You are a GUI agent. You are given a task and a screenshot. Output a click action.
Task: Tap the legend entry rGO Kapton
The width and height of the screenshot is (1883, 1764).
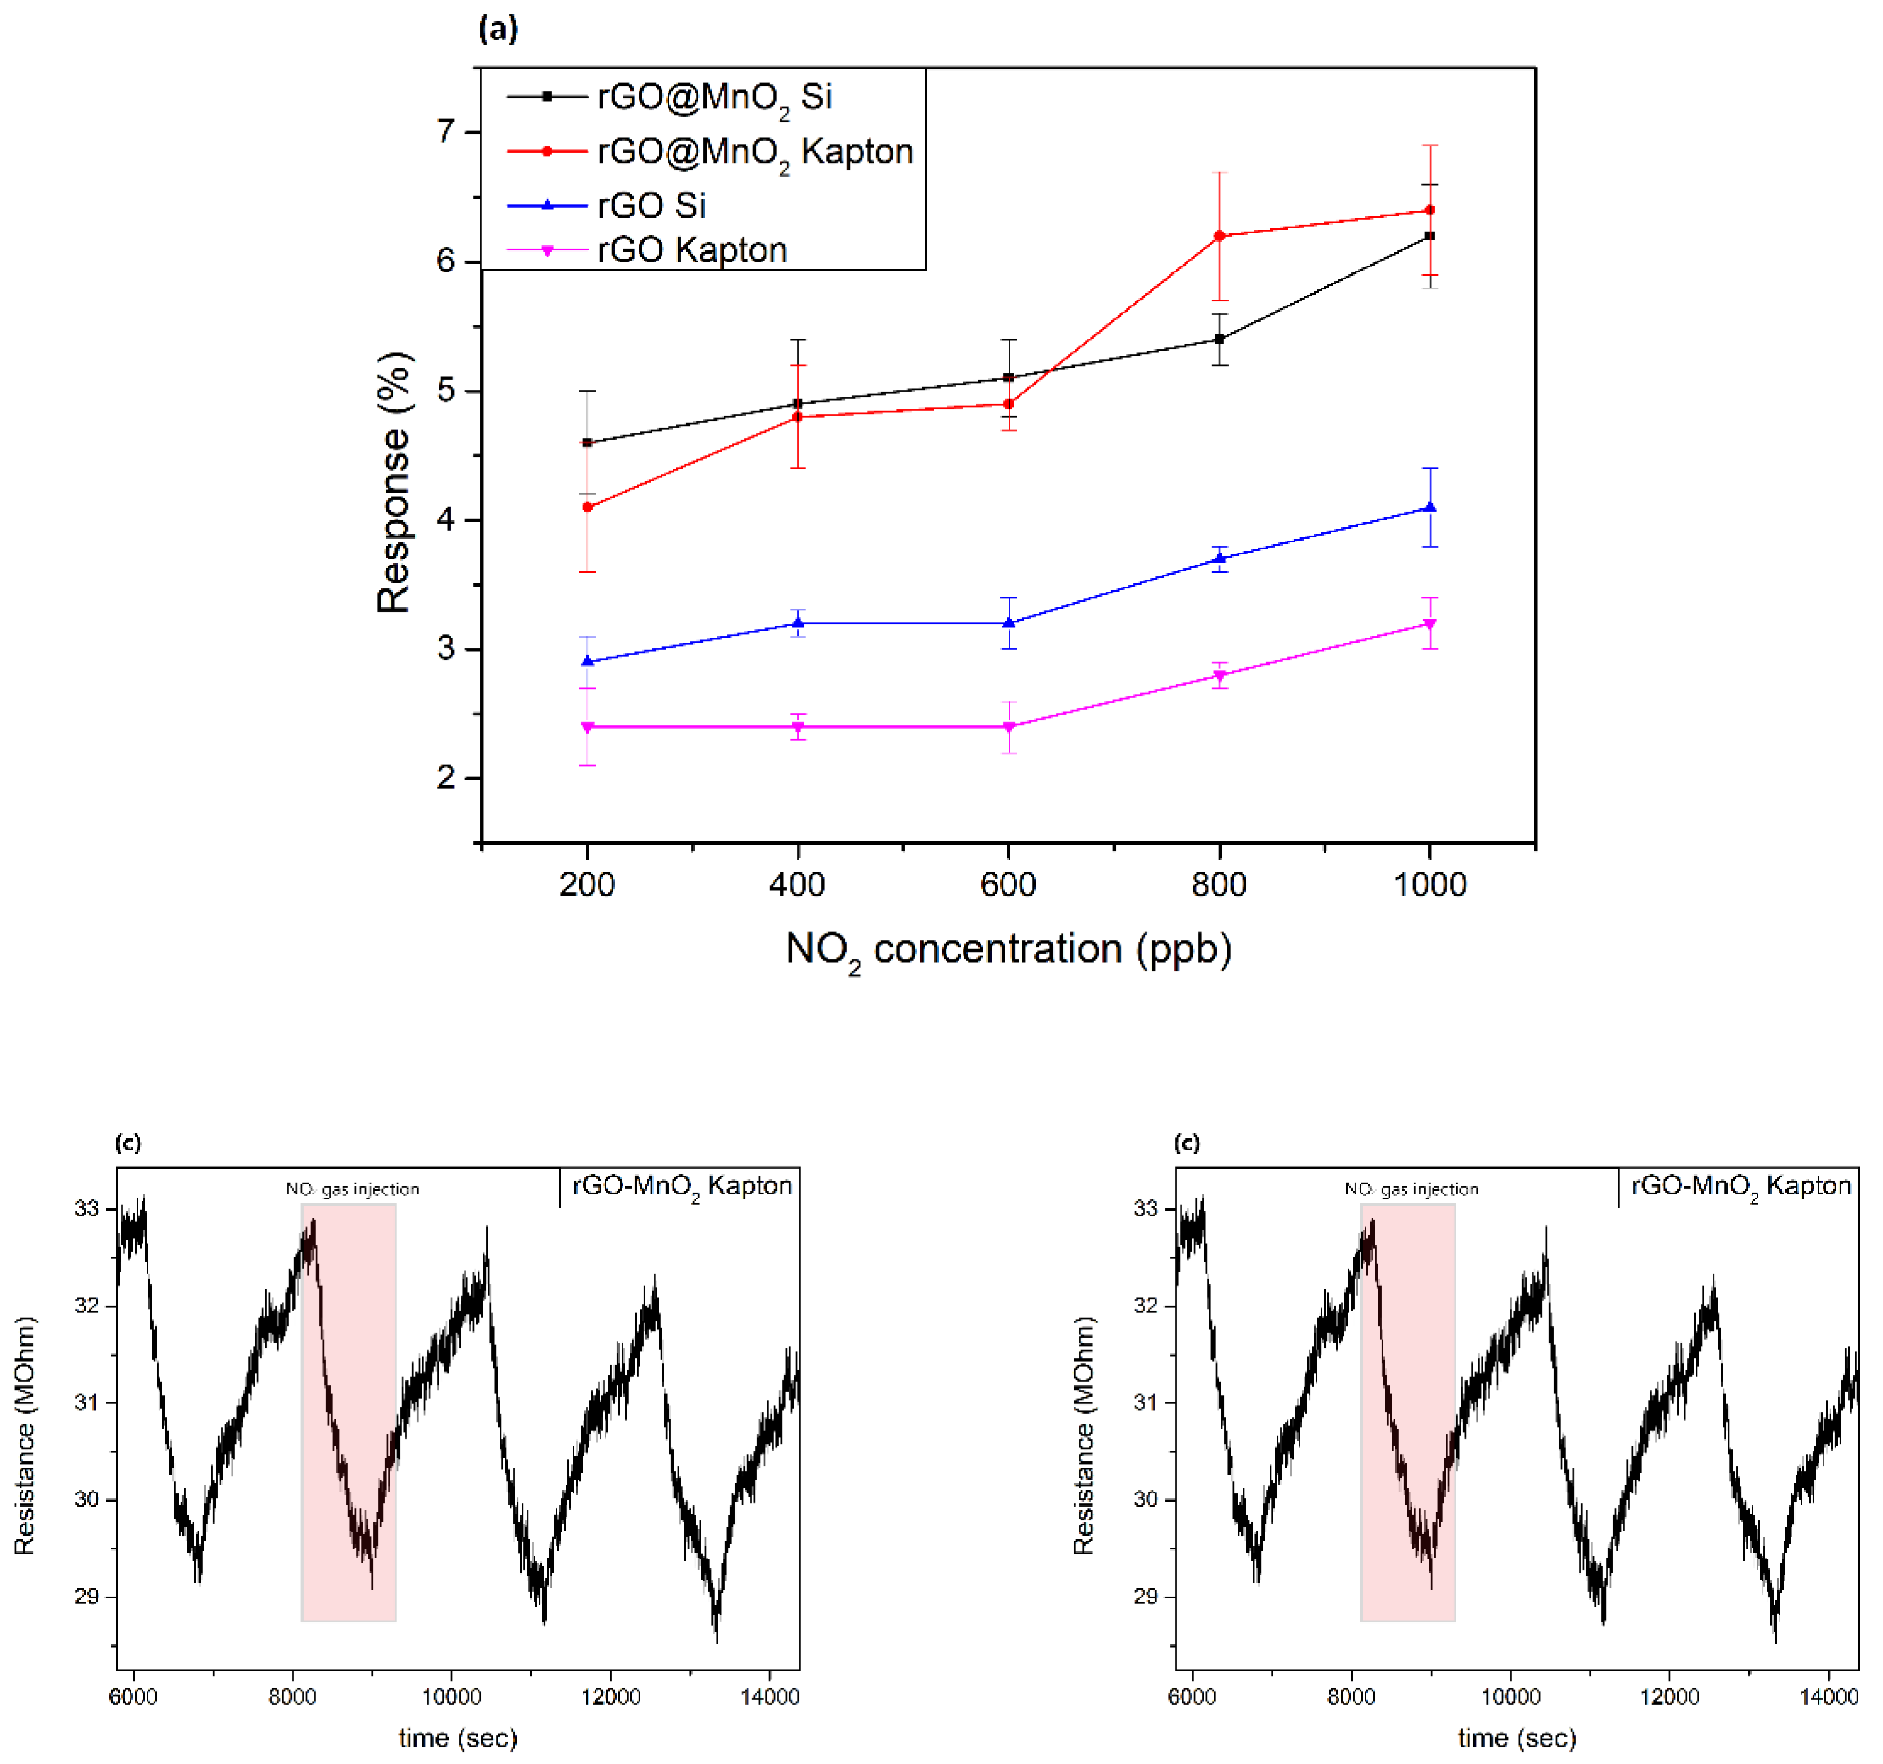tap(691, 250)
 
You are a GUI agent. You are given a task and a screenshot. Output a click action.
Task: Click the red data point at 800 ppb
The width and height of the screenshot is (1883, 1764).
tap(1219, 235)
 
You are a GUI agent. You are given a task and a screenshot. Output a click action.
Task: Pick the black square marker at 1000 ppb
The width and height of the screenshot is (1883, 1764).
tap(1429, 235)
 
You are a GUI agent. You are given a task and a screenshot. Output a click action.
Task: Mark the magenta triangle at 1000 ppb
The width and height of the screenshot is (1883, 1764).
tap(1429, 624)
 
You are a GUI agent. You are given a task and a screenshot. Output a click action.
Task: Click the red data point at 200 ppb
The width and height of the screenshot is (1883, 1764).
tap(587, 507)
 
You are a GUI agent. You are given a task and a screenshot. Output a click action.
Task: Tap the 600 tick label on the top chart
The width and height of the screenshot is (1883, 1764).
tap(1008, 884)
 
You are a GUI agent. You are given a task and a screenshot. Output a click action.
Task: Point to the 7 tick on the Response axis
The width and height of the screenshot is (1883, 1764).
tap(446, 131)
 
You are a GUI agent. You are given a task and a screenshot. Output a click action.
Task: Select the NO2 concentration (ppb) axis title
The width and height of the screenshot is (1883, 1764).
tap(1008, 949)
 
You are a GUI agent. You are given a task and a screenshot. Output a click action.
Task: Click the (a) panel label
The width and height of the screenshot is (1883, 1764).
tap(498, 30)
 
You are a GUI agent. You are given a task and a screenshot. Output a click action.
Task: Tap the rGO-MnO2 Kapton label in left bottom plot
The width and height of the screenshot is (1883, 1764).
tap(681, 1186)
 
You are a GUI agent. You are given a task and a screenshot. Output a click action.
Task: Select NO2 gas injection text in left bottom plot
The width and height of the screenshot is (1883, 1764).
tap(352, 1189)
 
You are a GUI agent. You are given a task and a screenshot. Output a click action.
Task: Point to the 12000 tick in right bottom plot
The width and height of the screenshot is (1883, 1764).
tap(1669, 1697)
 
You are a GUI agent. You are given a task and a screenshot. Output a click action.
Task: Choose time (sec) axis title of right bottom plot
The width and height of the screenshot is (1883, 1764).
tap(1516, 1738)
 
